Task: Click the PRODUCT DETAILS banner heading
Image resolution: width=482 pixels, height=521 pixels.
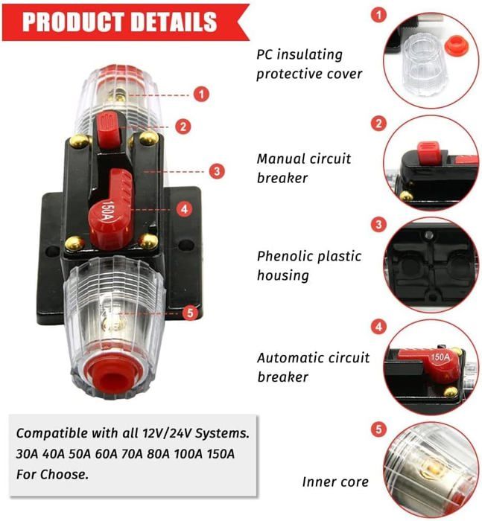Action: coord(119,21)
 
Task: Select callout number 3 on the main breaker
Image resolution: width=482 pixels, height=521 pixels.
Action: coord(216,170)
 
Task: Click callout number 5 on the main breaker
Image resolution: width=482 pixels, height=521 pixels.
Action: coord(191,313)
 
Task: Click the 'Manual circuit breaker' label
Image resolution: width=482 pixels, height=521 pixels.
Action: coord(303,168)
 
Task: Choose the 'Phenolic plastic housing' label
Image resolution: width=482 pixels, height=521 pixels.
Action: coord(309,266)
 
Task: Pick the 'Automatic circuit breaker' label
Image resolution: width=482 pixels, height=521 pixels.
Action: coord(313,367)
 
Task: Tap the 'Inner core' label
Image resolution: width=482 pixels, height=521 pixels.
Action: coord(335,482)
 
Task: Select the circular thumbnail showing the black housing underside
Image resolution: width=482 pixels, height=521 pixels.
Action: coord(432,262)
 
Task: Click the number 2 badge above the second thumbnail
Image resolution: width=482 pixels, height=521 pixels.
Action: coord(379,124)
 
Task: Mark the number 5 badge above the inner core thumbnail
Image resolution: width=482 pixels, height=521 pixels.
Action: coord(379,429)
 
